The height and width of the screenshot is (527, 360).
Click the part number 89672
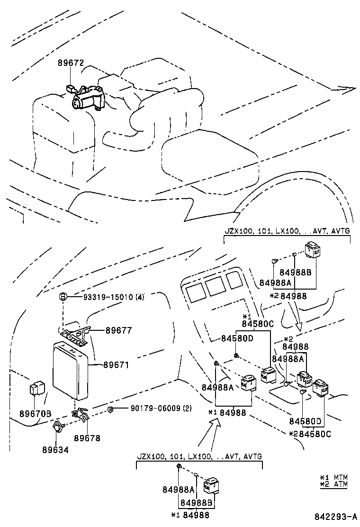tap(71, 63)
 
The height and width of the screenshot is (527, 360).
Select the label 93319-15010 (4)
tap(114, 297)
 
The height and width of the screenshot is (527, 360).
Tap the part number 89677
tap(118, 330)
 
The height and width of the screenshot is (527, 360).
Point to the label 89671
tap(117, 365)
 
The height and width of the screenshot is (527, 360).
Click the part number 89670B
tap(36, 414)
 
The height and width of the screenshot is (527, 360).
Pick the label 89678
tap(87, 438)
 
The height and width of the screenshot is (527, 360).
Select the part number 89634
tap(55, 449)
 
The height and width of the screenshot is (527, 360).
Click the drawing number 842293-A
tap(335, 516)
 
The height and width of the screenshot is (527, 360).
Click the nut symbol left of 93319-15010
tap(62, 297)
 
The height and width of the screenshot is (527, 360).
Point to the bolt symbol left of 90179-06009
tap(110, 409)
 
